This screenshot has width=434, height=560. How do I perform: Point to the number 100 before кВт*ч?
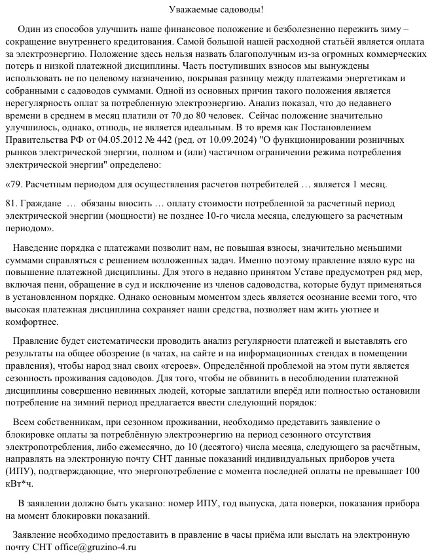pos(412,471)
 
